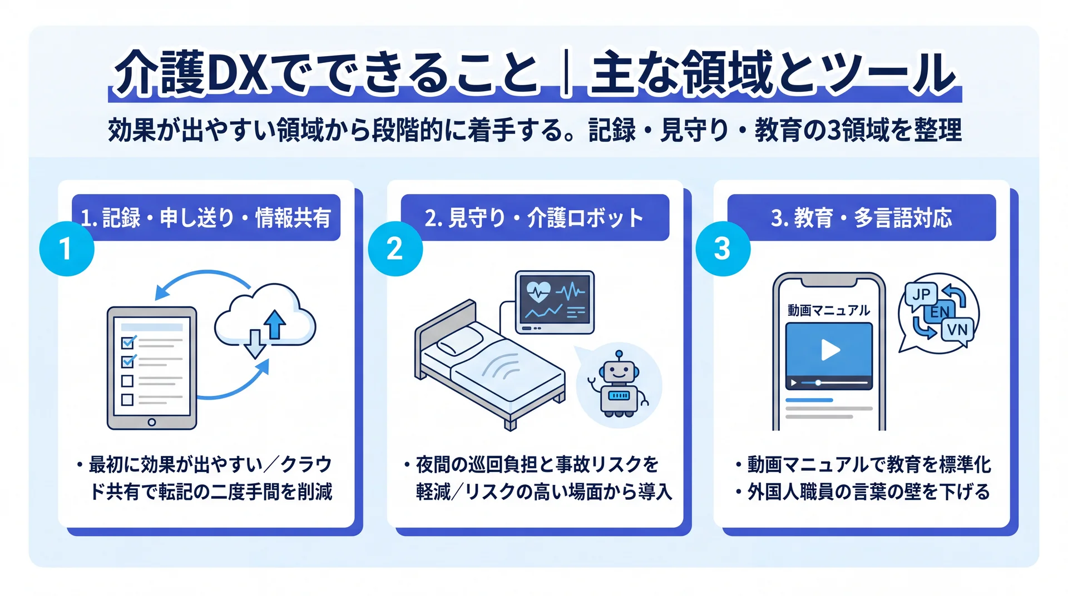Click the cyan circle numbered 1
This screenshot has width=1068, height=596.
pos(67,249)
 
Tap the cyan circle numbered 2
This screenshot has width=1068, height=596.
pos(395,249)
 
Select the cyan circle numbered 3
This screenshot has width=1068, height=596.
pos(723,249)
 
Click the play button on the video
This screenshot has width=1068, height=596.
pos(830,350)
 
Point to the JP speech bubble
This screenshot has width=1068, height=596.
pos(921,294)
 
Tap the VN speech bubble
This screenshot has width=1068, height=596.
pos(957,330)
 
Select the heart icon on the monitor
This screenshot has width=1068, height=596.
pos(538,291)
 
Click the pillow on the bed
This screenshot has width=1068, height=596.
pos(459,340)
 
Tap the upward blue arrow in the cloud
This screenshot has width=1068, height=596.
pos(274,324)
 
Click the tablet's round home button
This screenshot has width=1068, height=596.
pos(152,422)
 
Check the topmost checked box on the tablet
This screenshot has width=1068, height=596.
pos(128,341)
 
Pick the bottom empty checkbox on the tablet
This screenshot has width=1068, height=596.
pos(127,400)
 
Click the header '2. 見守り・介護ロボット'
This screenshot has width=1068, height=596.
pos(534,218)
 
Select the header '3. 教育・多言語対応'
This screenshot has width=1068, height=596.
pos(861,218)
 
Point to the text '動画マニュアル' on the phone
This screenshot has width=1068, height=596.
pos(829,310)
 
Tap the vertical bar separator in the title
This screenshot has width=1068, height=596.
pos(566,73)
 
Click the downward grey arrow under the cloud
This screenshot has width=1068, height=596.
pos(255,344)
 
